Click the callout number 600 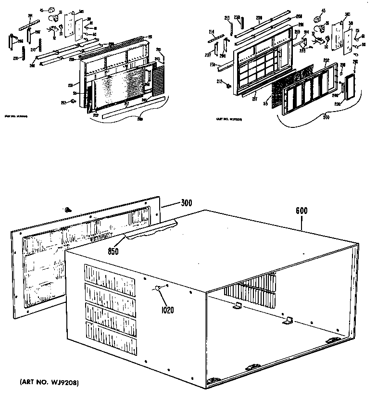coord(302,211)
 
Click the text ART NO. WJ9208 coord(49,382)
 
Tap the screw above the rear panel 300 coord(68,209)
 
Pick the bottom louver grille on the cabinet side coord(110,335)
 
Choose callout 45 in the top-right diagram coord(322,11)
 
